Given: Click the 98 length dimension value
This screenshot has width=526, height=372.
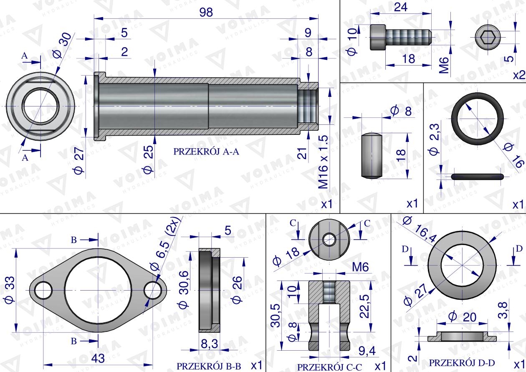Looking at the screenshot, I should pos(206,13).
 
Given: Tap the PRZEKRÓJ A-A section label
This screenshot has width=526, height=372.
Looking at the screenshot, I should pos(206,152).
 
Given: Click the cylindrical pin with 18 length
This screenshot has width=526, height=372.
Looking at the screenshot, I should pos(370,156).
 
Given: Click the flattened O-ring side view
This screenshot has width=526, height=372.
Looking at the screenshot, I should pos(477,176).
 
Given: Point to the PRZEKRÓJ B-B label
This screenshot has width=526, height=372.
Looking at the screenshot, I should pos(209,366).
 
